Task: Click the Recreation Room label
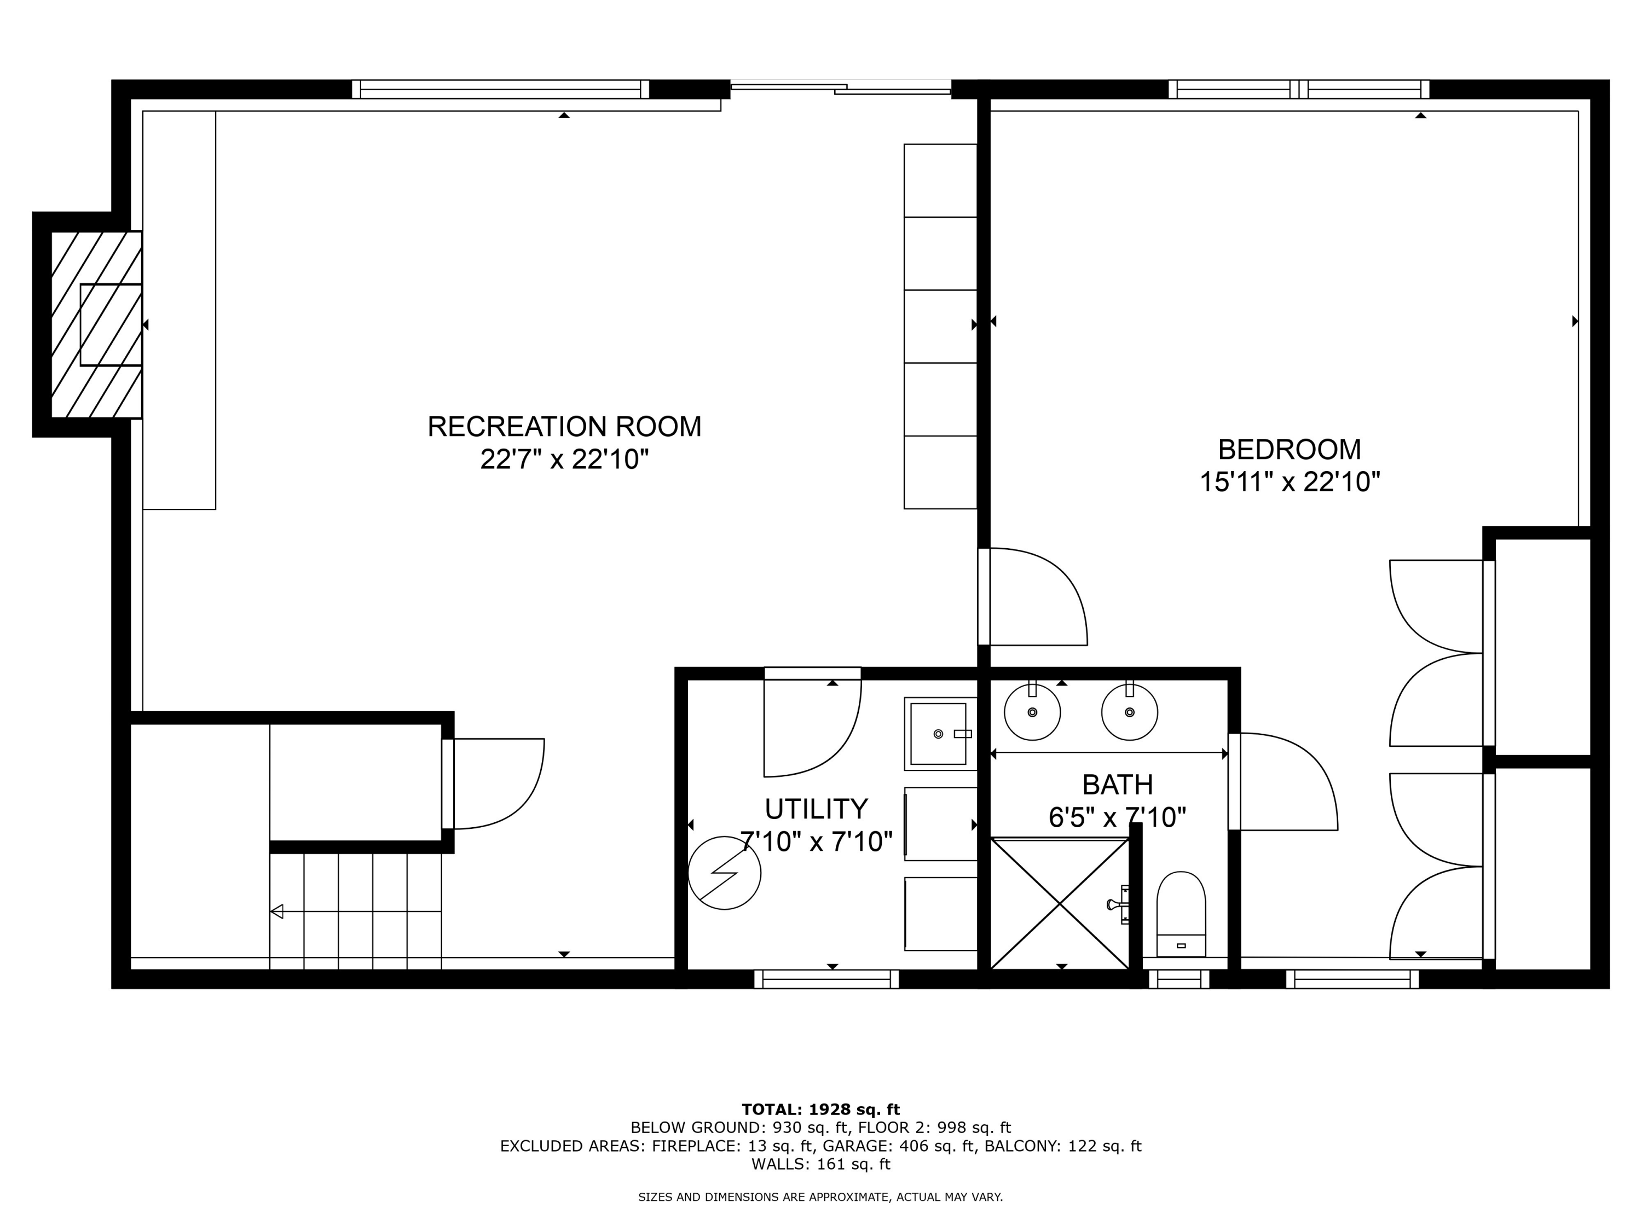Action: click(x=564, y=427)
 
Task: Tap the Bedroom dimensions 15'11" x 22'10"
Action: click(x=1290, y=483)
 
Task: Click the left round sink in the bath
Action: click(x=1032, y=712)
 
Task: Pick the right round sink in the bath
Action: click(x=1129, y=712)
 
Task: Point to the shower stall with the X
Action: click(x=1060, y=903)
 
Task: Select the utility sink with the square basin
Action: click(x=939, y=734)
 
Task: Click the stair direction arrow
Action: click(x=277, y=911)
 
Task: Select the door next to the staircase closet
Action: click(x=494, y=783)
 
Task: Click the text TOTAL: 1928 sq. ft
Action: click(x=820, y=1110)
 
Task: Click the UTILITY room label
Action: click(x=816, y=808)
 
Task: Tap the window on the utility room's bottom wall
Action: click(x=826, y=979)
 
